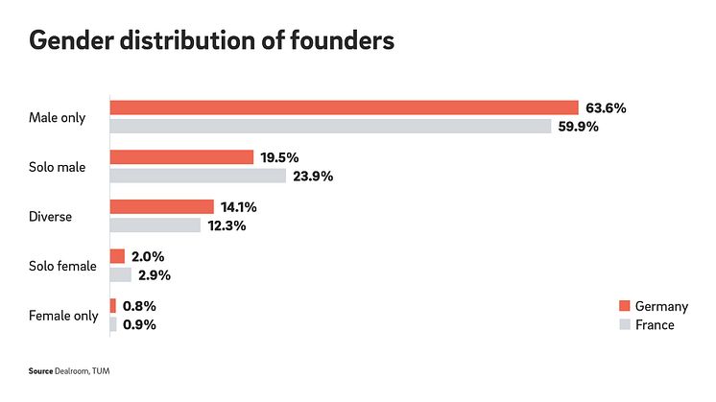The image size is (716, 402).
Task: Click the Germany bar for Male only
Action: [x=344, y=107]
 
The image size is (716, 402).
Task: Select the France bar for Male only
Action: [x=330, y=127]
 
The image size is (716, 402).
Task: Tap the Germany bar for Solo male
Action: [x=181, y=157]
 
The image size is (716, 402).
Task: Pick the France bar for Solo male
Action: [x=198, y=176]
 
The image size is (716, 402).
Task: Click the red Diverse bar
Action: [x=161, y=207]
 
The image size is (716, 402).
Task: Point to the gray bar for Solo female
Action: [x=121, y=275]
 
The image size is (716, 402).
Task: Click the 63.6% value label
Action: [x=606, y=107]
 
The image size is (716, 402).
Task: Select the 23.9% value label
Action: [x=314, y=177]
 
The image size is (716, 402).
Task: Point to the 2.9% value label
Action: [x=154, y=275]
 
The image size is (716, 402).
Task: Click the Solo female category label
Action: [x=63, y=266]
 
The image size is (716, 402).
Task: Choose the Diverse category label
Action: [x=52, y=217]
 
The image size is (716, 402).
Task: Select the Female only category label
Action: [x=63, y=316]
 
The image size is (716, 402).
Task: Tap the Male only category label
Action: [x=58, y=118]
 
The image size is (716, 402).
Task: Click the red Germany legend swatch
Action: [x=624, y=306]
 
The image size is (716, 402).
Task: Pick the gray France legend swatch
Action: [x=624, y=325]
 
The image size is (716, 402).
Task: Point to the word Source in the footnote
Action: [x=39, y=369]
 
